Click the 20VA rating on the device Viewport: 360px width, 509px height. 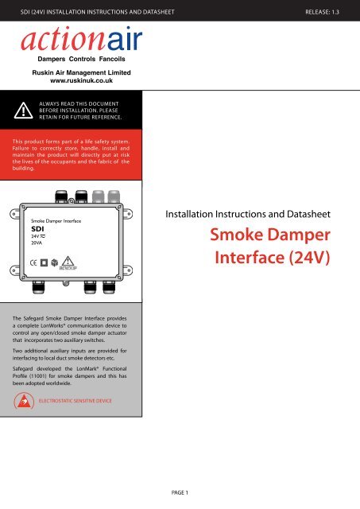tap(37, 244)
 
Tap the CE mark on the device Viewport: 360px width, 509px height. tap(36, 262)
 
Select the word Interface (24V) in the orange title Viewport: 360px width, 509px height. tap(287, 261)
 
